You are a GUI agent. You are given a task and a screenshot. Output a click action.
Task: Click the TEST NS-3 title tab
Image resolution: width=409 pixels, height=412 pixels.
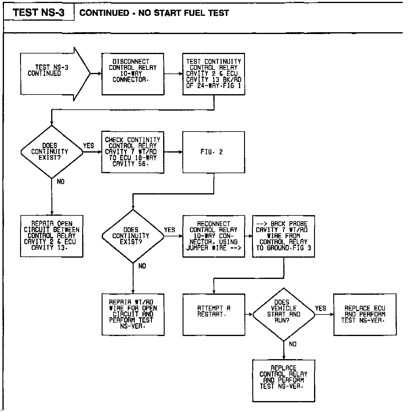point(39,13)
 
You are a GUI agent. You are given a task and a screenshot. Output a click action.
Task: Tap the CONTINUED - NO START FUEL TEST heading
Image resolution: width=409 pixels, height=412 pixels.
point(154,13)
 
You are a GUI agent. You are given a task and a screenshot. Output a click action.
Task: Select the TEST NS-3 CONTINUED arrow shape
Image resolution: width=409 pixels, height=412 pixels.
point(52,74)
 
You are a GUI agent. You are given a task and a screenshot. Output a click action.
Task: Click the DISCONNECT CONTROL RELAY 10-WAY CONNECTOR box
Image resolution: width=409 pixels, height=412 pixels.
point(133,74)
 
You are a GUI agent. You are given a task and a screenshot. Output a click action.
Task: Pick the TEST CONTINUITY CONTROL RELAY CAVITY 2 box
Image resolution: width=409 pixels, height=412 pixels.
point(214,74)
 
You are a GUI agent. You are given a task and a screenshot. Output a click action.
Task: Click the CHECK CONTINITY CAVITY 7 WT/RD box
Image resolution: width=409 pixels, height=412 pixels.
point(133,152)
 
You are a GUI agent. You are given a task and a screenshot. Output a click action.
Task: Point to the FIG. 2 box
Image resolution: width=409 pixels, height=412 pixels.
point(214,152)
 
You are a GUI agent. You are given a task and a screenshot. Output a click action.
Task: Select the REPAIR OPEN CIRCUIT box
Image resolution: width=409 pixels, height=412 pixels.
point(52,236)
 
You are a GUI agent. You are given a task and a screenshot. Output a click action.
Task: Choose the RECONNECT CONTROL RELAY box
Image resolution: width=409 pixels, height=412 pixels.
point(214,236)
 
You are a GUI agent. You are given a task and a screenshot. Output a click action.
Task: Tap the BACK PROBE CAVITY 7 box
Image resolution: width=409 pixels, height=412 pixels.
point(283,236)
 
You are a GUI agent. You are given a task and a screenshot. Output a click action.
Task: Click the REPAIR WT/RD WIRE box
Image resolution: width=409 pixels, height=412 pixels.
point(133,314)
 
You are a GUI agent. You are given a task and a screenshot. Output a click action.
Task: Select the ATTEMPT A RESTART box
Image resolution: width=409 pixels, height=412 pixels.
point(214,314)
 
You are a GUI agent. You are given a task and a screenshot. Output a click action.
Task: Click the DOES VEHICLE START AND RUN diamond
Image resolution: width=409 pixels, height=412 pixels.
point(284,314)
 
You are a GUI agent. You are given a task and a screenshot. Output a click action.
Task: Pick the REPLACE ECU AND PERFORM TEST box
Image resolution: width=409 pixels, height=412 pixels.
point(365,314)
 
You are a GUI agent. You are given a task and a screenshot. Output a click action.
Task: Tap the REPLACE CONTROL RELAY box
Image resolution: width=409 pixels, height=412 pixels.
point(283,380)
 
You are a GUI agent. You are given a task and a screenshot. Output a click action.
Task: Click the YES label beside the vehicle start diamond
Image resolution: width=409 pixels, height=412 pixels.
point(320,308)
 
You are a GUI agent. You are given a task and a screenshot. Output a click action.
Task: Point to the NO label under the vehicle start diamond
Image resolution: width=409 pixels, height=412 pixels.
point(292,344)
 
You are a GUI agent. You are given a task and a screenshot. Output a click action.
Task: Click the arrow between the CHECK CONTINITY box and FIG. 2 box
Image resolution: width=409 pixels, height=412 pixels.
point(173,152)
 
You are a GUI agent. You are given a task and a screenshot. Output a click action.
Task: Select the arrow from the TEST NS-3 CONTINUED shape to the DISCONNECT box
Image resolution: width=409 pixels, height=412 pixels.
point(96,74)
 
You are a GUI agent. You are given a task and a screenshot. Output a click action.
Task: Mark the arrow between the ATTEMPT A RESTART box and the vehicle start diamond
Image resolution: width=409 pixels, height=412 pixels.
point(249,314)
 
